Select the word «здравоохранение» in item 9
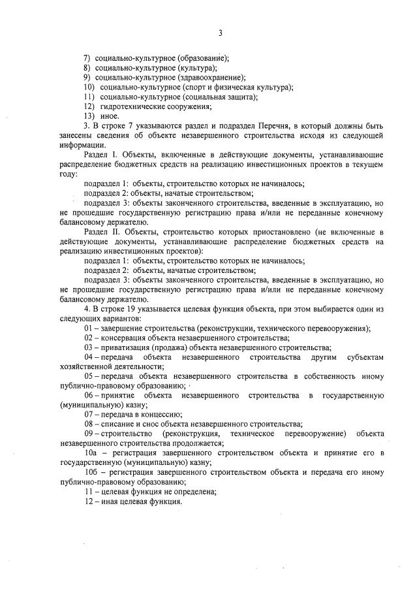pyautogui.click(x=211, y=77)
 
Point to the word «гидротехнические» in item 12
pyautogui.click(x=131, y=106)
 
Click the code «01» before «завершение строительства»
pyautogui.click(x=88, y=328)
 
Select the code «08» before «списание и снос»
pyautogui.click(x=88, y=424)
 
